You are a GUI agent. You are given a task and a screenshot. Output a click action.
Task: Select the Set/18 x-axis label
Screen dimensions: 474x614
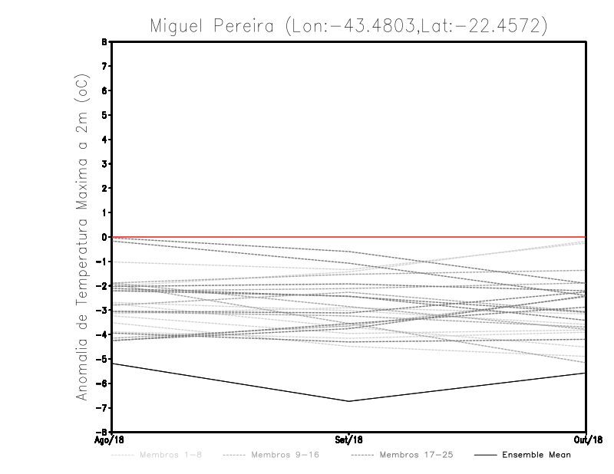coord(349,439)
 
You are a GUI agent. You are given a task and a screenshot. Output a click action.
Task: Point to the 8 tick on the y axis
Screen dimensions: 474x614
coord(105,42)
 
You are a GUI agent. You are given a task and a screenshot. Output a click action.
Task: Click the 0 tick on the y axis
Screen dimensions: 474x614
coord(105,237)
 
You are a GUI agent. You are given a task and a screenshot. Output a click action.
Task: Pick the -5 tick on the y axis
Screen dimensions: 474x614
coord(103,359)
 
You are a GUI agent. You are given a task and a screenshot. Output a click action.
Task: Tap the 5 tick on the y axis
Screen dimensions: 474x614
coord(105,115)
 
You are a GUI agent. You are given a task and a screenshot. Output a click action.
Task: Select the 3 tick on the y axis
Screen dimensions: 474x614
coord(105,164)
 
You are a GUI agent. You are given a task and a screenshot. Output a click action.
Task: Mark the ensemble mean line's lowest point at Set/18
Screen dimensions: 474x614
coord(349,401)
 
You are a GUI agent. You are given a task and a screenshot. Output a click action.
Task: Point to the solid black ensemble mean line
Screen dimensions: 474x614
coord(230,382)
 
